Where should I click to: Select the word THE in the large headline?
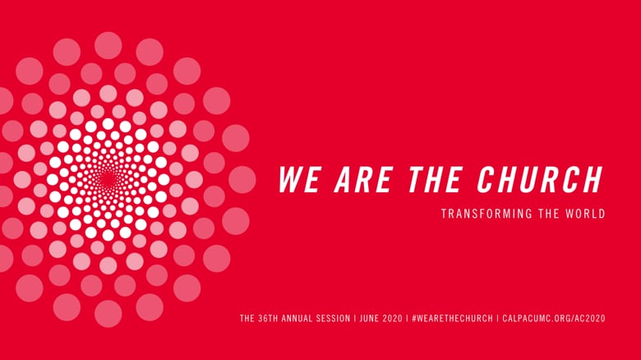pos(435,179)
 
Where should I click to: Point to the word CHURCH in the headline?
pos(540,179)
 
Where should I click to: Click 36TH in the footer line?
pos(268,318)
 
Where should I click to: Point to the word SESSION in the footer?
pos(334,318)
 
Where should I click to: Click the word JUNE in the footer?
pos(369,318)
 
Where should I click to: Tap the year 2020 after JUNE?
pos(393,318)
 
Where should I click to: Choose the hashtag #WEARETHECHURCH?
pos(452,318)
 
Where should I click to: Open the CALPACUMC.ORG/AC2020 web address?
pos(554,318)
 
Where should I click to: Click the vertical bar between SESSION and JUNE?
pos(355,318)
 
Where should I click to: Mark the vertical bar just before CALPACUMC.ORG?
pos(497,318)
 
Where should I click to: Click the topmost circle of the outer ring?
pos(108,45)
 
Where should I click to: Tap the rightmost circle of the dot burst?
pos(242,180)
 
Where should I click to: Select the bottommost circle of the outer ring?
pos(108,314)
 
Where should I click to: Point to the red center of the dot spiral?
pos(108,179)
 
